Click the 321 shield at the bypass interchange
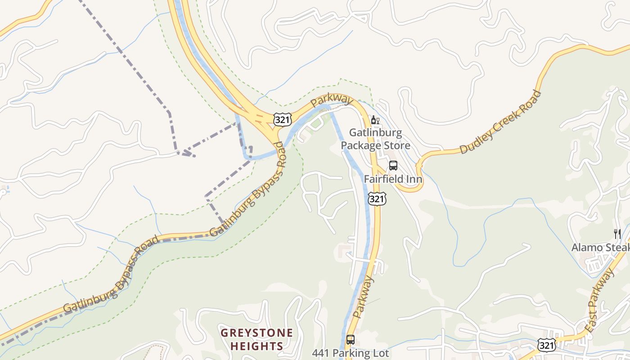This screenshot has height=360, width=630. (x=283, y=119)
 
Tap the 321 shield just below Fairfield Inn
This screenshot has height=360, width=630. (x=377, y=198)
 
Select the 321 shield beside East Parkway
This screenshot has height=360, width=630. (x=546, y=345)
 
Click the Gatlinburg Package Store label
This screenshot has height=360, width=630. (x=375, y=139)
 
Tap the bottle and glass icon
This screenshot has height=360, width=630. (x=375, y=120)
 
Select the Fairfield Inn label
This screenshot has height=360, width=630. (x=393, y=179)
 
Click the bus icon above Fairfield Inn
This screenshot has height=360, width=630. (x=393, y=166)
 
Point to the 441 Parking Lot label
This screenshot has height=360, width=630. (x=351, y=353)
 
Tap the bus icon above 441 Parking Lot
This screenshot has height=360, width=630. (x=351, y=340)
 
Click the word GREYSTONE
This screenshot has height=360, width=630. (x=256, y=333)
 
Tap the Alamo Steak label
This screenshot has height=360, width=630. (x=600, y=247)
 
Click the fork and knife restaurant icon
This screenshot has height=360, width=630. (x=617, y=234)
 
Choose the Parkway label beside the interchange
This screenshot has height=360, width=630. (x=331, y=100)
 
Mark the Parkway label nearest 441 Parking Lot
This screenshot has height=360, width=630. (x=364, y=297)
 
